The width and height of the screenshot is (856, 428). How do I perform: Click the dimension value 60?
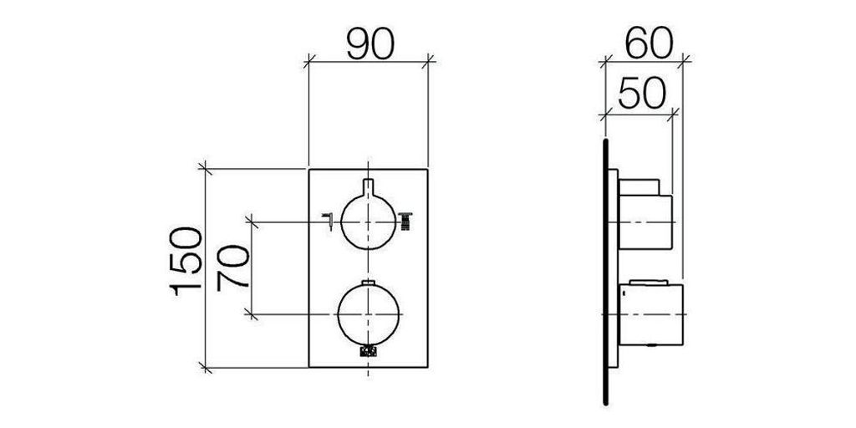[649, 43]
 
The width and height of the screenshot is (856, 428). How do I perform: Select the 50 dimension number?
[642, 93]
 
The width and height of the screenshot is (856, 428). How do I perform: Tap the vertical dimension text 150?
[186, 262]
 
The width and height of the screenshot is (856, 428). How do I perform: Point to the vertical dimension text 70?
[234, 268]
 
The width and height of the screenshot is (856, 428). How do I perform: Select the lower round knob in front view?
[369, 314]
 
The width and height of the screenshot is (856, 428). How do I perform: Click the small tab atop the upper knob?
[368, 186]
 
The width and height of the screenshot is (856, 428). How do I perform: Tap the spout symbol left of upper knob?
[328, 221]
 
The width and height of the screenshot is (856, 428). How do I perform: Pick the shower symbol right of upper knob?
[406, 221]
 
